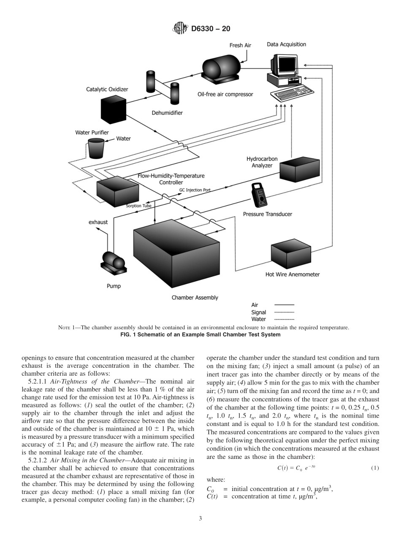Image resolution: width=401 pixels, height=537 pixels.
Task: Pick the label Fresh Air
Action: click(x=240, y=46)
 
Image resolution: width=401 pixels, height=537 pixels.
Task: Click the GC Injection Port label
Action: click(x=195, y=190)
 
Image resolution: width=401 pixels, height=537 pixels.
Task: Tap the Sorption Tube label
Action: click(x=138, y=206)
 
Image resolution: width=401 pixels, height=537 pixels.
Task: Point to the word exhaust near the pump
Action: click(x=98, y=222)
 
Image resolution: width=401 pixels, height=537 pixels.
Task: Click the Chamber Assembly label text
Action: click(x=195, y=298)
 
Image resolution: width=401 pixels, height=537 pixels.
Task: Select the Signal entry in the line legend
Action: click(x=258, y=312)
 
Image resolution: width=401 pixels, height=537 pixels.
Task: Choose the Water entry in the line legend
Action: click(x=258, y=319)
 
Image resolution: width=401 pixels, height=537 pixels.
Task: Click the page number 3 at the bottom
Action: click(x=200, y=518)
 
